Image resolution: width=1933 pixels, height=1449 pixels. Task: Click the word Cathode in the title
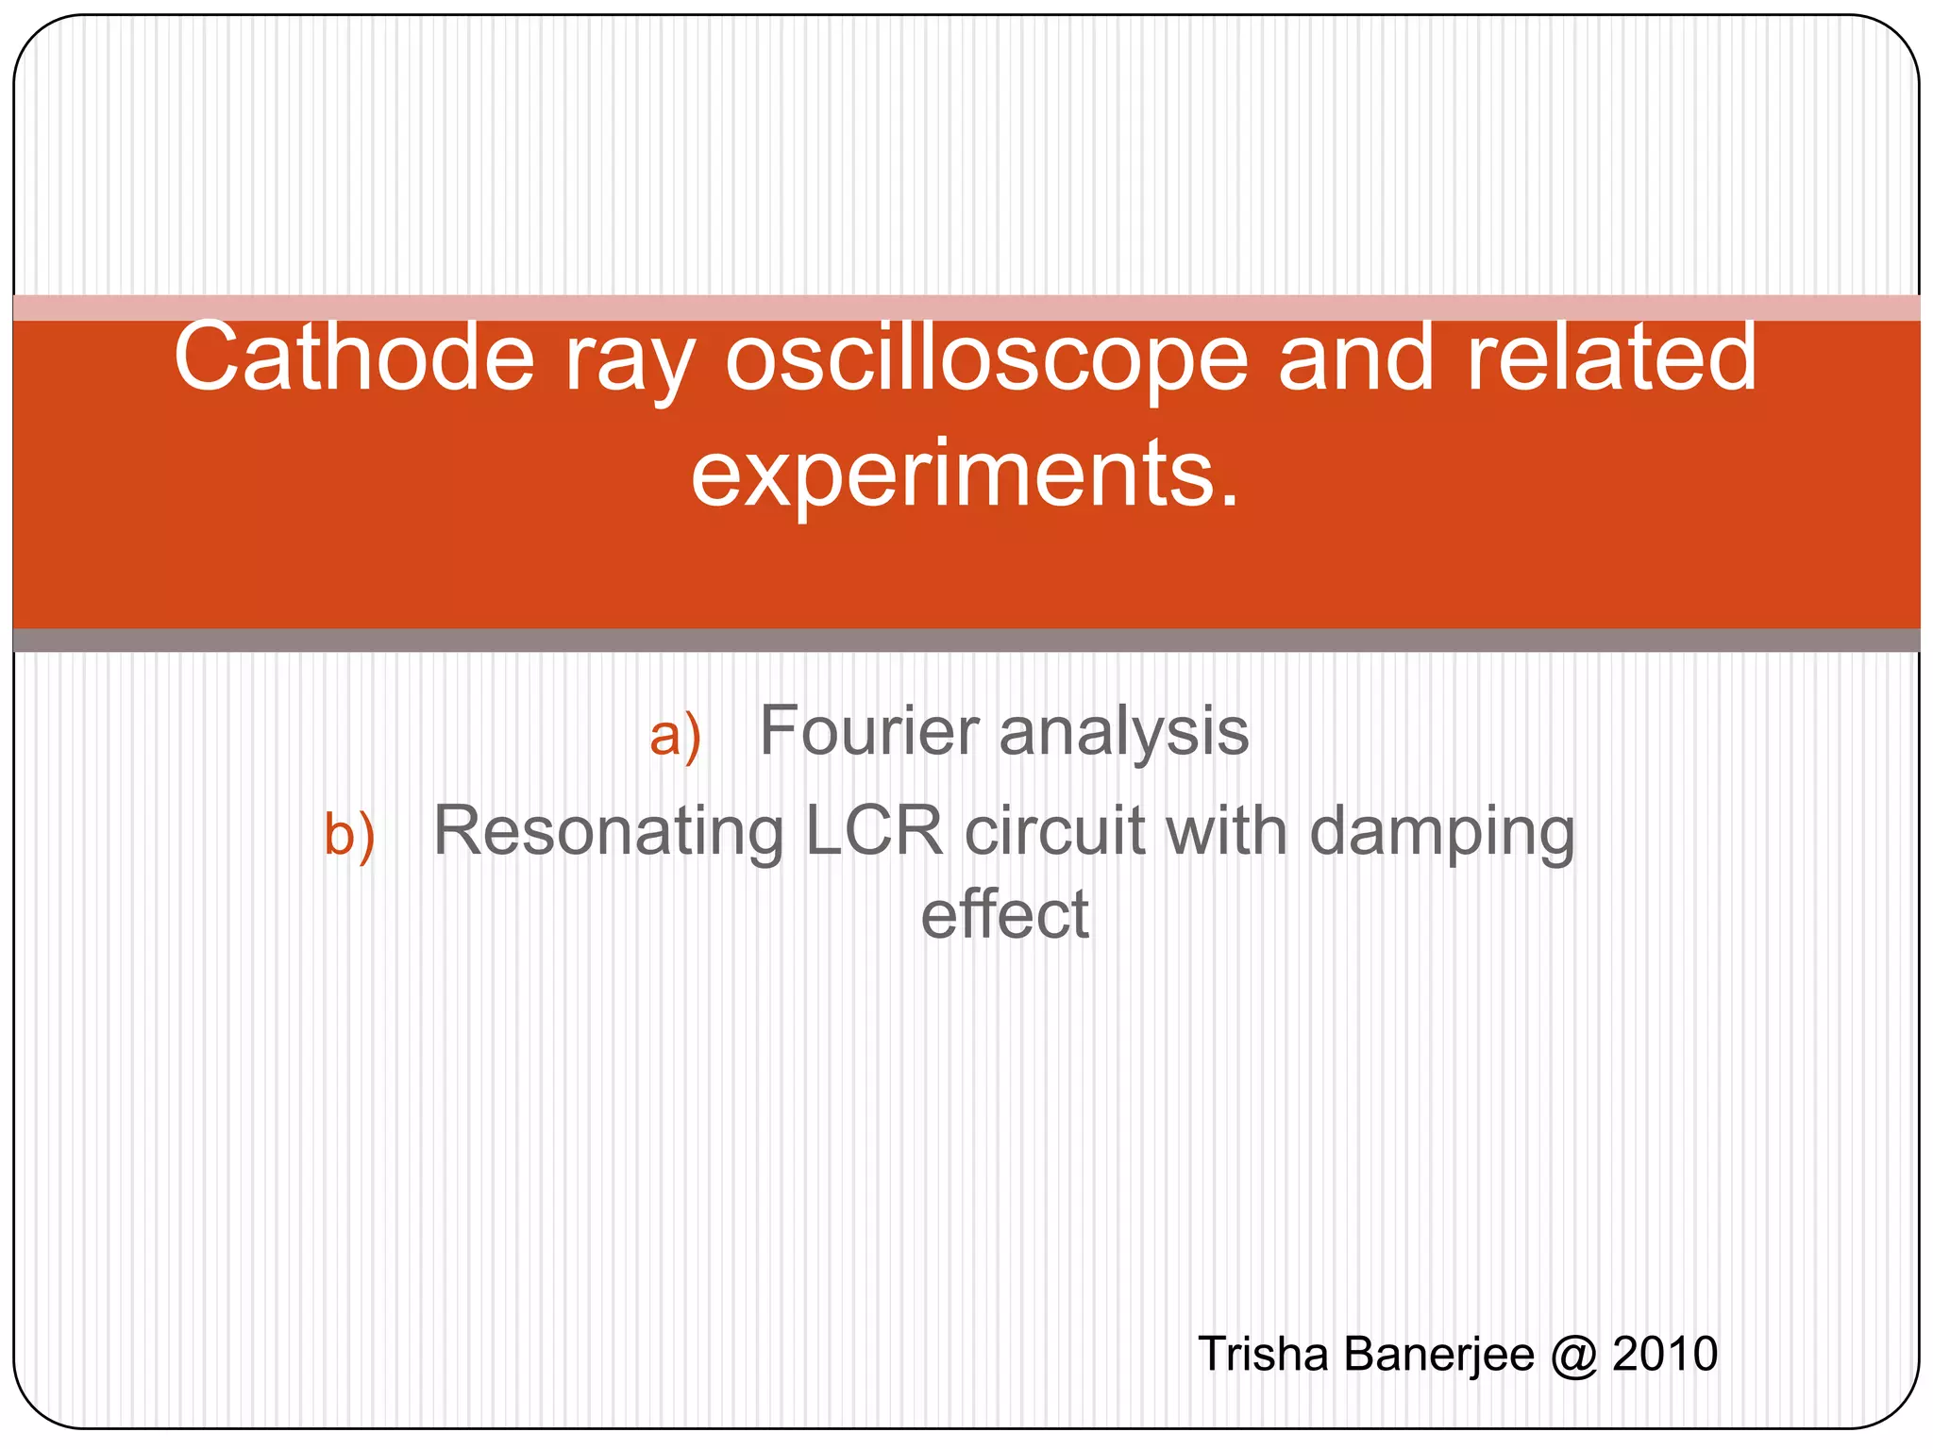click(x=354, y=358)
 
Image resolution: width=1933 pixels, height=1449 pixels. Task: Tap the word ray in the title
click(x=630, y=363)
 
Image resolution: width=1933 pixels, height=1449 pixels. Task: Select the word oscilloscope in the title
click(x=986, y=363)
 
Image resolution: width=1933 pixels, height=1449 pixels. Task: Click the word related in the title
click(x=1611, y=358)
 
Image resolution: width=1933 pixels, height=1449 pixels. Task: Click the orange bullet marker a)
click(x=675, y=737)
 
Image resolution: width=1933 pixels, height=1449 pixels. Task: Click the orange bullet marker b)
click(x=349, y=835)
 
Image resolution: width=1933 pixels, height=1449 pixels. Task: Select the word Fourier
click(x=869, y=731)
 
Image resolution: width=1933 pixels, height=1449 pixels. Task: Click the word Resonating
click(x=608, y=833)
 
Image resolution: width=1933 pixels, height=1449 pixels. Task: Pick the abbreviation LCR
click(x=873, y=831)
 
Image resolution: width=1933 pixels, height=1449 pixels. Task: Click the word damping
click(x=1441, y=835)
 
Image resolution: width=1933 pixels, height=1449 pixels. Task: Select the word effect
click(x=1004, y=914)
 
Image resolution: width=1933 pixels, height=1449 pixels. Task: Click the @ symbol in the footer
click(x=1573, y=1355)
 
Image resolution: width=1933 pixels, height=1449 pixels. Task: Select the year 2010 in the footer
click(x=1665, y=1355)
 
